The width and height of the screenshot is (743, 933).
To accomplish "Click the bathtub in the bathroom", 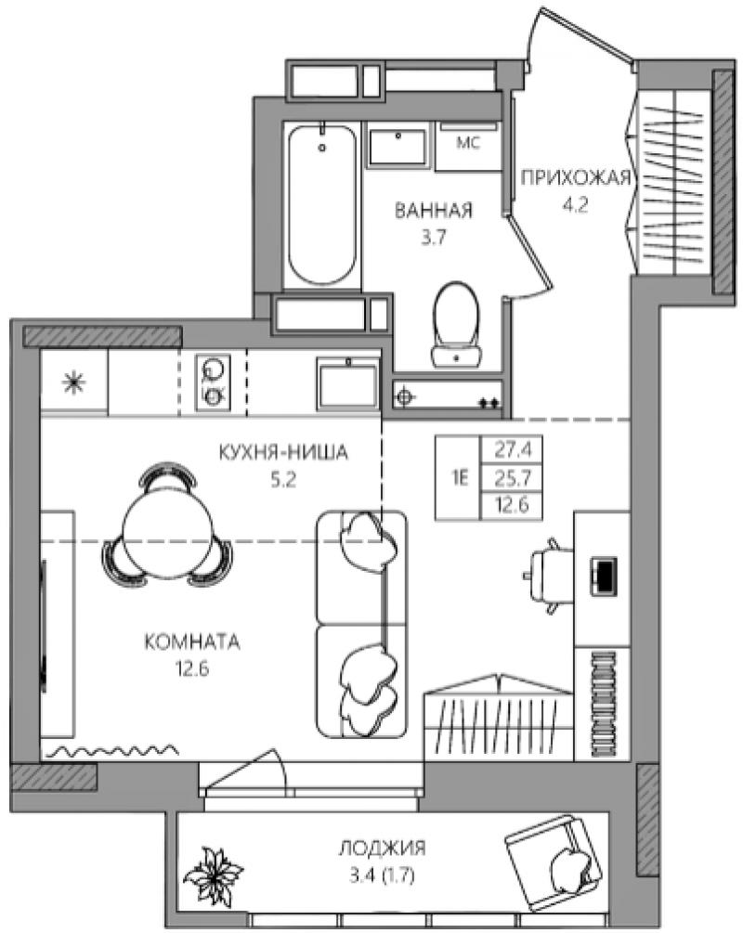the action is (322, 205).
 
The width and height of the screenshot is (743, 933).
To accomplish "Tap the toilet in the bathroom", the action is (456, 325).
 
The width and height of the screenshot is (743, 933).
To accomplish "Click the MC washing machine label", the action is (468, 143).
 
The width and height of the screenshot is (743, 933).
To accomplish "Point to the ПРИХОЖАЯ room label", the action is (575, 177).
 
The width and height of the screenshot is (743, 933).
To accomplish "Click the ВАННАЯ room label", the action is (434, 210).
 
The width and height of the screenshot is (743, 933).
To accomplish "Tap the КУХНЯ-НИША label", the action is (283, 453).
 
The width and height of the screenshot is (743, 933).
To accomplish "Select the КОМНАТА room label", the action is (192, 642).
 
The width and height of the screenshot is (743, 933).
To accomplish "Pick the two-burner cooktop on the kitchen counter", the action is (213, 382).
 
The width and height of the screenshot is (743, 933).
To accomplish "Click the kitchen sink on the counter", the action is (348, 383).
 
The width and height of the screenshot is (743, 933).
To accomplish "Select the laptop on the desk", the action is (603, 576).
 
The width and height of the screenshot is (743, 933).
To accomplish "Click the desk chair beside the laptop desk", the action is (548, 576).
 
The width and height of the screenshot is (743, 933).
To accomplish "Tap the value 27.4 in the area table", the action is (512, 450).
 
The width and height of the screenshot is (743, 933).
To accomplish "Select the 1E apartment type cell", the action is (459, 478).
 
